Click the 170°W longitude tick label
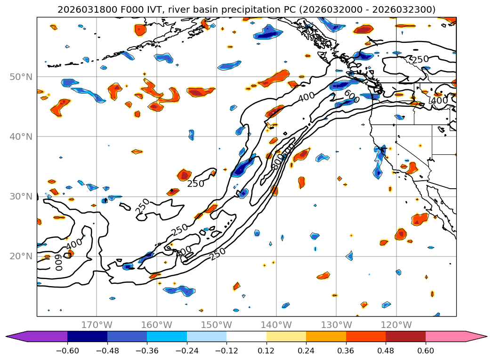coord(97,325)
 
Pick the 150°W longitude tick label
coord(216,325)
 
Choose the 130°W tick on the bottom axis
coord(336,325)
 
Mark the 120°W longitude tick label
coord(396,325)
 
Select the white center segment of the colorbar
coord(246,336)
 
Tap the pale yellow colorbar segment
coord(286,336)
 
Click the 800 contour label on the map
coord(277,162)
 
